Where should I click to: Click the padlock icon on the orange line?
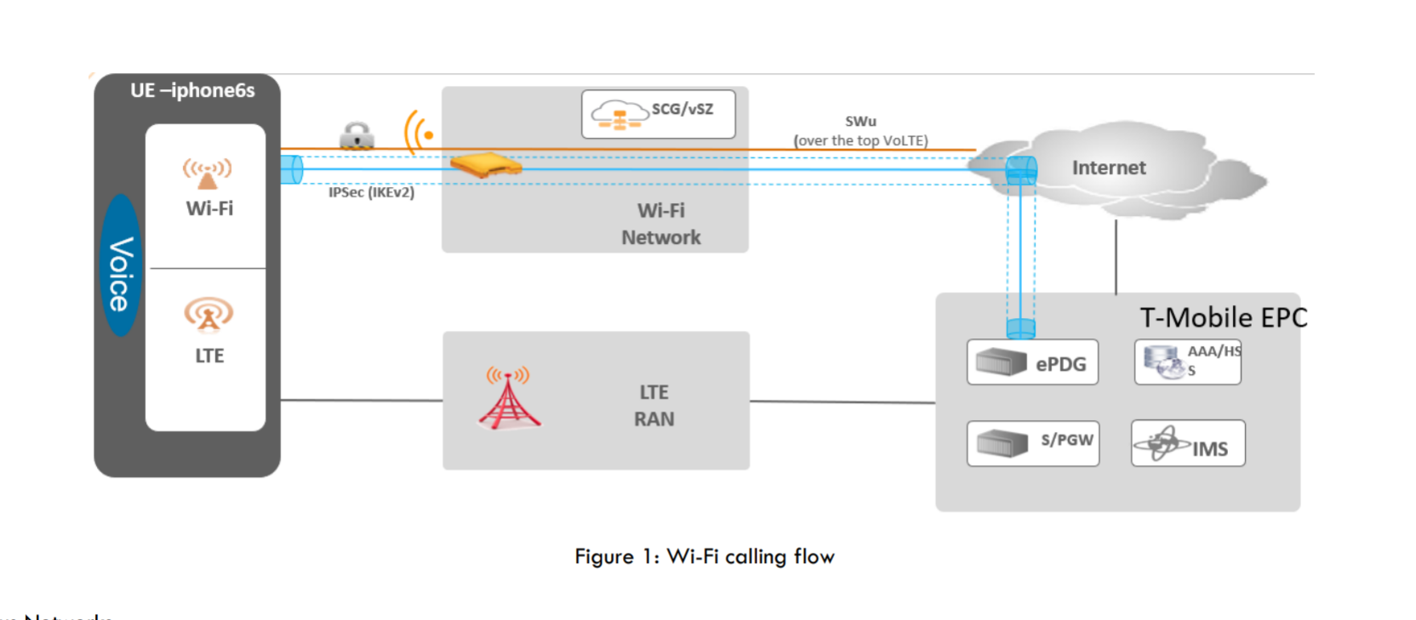pos(357,135)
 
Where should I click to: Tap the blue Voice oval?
pos(120,265)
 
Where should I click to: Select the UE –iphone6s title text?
pos(192,90)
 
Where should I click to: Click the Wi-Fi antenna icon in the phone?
pos(208,173)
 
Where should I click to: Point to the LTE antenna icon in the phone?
pos(208,314)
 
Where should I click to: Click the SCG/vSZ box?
pos(658,114)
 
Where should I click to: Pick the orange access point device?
pos(485,164)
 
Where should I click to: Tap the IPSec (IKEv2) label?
pos(371,193)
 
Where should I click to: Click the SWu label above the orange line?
pos(860,122)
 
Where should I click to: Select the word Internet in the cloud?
pos(1108,168)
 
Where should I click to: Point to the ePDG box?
pos(1032,362)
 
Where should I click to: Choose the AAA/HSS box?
pos(1187,361)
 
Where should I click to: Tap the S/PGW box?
pos(1032,443)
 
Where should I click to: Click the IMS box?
pos(1187,443)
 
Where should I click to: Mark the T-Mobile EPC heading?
pos(1223,317)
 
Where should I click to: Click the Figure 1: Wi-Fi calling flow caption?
pos(705,556)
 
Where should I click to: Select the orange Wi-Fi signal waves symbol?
pos(419,133)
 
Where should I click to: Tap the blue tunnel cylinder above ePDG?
pos(1020,327)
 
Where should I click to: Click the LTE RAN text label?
pos(654,406)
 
